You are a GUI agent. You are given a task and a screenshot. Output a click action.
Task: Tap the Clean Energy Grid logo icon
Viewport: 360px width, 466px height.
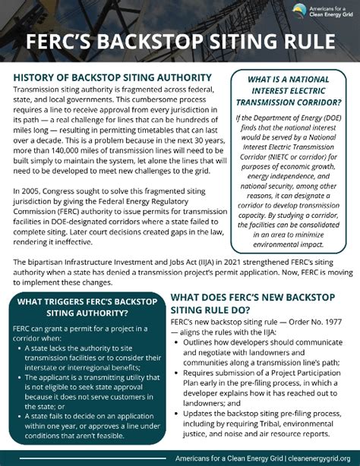click(x=301, y=10)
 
